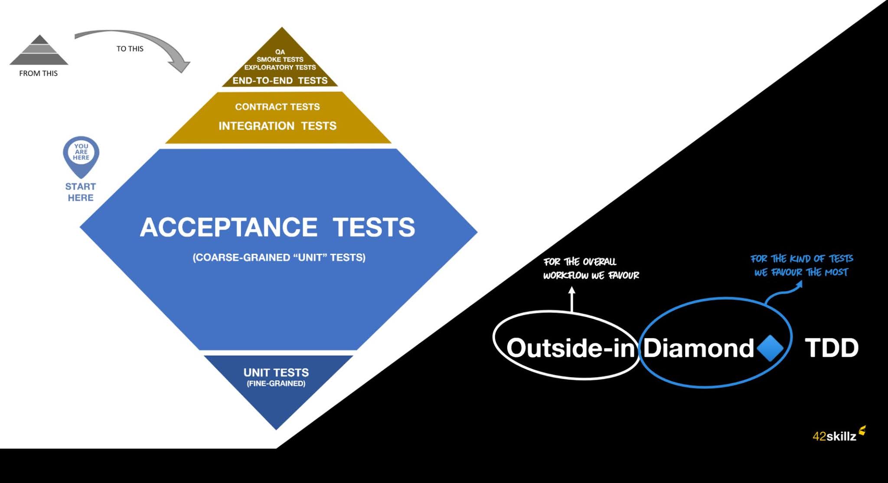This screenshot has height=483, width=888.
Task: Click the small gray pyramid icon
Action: click(39, 50)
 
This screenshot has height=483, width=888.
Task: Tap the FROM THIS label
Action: click(38, 73)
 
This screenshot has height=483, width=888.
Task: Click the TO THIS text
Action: click(130, 49)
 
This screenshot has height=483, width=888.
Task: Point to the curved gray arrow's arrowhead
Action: click(181, 66)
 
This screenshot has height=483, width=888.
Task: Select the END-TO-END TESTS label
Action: click(280, 81)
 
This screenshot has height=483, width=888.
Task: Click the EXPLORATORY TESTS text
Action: click(280, 67)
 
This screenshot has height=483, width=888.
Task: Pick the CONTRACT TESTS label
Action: click(277, 107)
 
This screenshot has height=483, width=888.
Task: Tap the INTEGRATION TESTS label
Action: click(277, 126)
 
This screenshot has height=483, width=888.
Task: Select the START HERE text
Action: click(81, 192)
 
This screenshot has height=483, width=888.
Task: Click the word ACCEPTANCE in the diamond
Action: click(229, 227)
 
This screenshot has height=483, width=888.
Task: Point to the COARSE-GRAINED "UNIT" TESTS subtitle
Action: click(279, 257)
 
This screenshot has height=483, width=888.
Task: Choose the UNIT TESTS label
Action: click(276, 372)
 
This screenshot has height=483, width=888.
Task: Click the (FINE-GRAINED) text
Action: click(276, 384)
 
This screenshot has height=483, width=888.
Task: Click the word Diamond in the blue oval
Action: click(698, 348)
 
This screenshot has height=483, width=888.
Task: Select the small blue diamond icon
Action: click(770, 348)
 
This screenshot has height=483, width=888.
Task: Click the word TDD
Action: click(832, 348)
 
